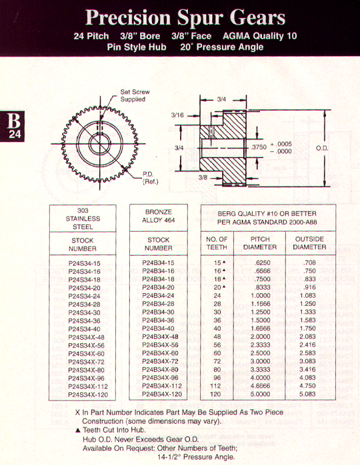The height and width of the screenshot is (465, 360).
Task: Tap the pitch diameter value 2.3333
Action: (260, 344)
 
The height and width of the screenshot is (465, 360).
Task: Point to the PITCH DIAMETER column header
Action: (260, 243)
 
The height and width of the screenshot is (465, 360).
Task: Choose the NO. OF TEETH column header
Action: (217, 243)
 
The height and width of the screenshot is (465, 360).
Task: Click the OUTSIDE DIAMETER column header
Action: (309, 243)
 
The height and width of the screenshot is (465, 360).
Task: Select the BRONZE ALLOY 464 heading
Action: (159, 216)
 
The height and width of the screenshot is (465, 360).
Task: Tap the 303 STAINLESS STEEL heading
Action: (83, 219)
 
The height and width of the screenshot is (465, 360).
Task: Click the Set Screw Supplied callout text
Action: (135, 95)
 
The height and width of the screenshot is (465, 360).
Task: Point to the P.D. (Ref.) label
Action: (150, 178)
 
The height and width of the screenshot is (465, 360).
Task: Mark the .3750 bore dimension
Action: (259, 147)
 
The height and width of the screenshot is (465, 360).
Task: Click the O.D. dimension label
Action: (322, 148)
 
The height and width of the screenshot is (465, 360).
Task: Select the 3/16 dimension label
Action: (177, 115)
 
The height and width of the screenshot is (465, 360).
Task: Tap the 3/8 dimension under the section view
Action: (203, 177)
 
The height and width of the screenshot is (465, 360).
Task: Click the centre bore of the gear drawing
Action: (100, 143)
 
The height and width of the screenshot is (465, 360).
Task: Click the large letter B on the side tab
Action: (13, 121)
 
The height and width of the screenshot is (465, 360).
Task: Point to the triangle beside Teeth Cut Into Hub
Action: (79, 430)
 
